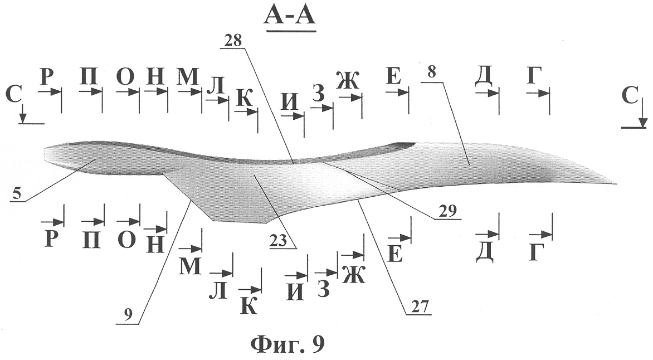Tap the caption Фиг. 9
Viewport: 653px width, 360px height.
coord(287,344)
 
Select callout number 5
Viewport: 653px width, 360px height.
coord(16,194)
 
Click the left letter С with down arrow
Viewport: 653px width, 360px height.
coord(14,95)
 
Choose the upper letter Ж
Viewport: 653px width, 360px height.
coord(348,80)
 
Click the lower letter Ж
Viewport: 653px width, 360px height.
coord(354,274)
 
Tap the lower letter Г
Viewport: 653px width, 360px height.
coord(537,252)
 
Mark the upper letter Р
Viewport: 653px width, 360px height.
coord(47,76)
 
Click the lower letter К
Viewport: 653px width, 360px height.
coord(249,307)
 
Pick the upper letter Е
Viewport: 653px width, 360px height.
coord(393,77)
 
